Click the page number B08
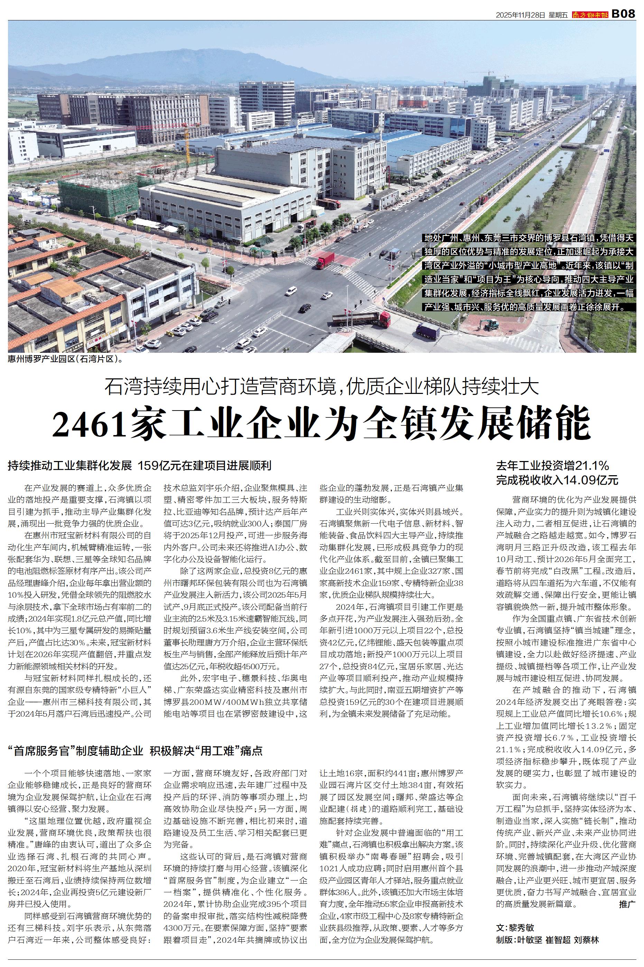click(x=623, y=14)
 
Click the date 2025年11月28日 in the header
click(x=520, y=15)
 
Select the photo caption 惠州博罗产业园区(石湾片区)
click(x=65, y=359)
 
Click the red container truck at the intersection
click(x=326, y=260)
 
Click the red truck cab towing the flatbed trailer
click(x=384, y=319)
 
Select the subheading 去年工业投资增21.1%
click(x=552, y=466)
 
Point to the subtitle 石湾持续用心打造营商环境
click(x=224, y=387)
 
